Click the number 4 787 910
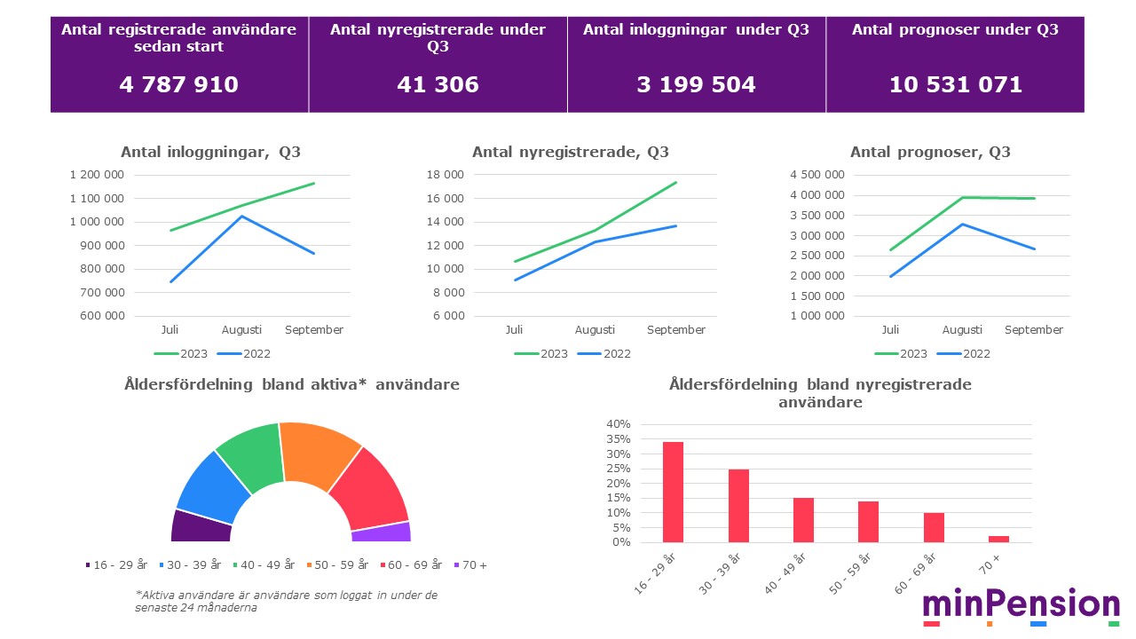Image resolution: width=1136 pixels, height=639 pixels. [x=178, y=84]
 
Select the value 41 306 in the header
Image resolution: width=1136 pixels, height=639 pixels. [x=438, y=84]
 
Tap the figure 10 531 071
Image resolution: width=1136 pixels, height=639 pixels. [x=955, y=84]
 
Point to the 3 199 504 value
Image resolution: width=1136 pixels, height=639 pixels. [x=696, y=84]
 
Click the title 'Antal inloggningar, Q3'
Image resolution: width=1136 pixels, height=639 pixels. [x=210, y=152]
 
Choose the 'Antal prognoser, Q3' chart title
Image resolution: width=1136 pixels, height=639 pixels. [x=930, y=152]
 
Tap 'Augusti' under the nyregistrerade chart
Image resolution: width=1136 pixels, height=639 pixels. [x=595, y=330]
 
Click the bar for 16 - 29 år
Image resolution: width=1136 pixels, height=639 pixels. [x=673, y=492]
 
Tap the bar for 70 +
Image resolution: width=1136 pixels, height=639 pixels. [x=998, y=539]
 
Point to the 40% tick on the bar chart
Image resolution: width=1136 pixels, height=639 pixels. [x=618, y=424]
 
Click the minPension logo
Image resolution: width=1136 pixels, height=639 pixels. [x=1021, y=606]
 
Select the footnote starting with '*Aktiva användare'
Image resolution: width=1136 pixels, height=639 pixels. [x=286, y=601]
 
